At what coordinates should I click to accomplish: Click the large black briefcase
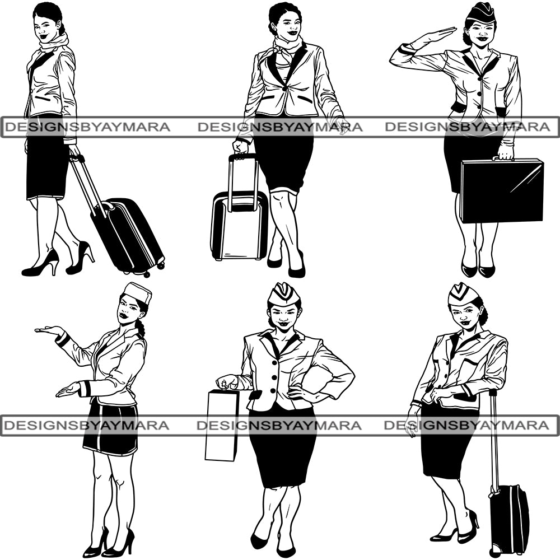[x=502, y=191]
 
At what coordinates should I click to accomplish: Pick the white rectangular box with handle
[x=221, y=424]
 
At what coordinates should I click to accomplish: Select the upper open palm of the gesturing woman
[x=49, y=330]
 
